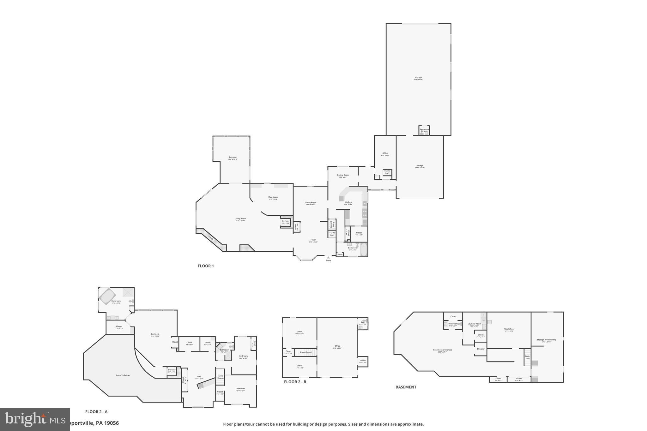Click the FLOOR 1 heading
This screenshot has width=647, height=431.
click(x=206, y=266)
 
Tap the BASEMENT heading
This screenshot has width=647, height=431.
click(x=406, y=387)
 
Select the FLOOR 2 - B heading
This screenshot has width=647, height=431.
click(x=295, y=382)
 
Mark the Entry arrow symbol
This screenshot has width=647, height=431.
click(x=328, y=257)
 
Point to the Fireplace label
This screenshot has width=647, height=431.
click(x=211, y=238)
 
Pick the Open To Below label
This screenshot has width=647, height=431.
click(x=123, y=375)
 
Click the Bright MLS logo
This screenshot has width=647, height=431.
click(x=35, y=419)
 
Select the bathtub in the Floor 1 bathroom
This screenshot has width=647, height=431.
click(x=364, y=249)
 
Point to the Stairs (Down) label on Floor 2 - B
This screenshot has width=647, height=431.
click(x=305, y=352)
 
